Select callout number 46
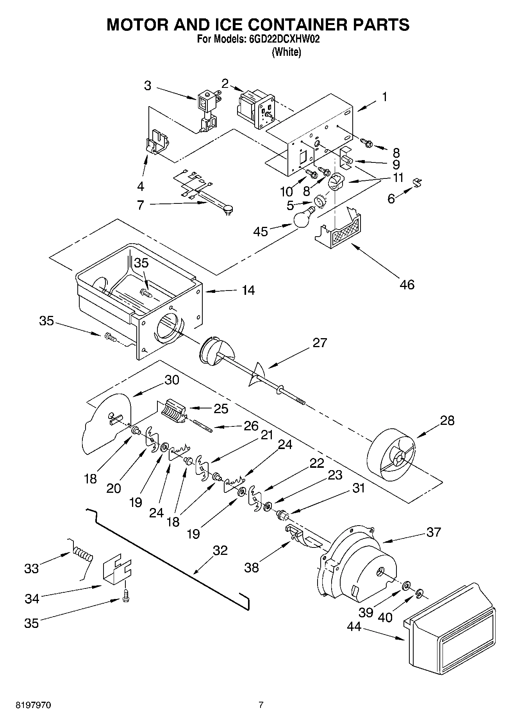pos(407,284)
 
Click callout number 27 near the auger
pos(320,343)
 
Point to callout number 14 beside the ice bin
pos(248,290)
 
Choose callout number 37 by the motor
pos(433,532)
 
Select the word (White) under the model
pos(286,52)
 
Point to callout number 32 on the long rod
pos(220,550)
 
